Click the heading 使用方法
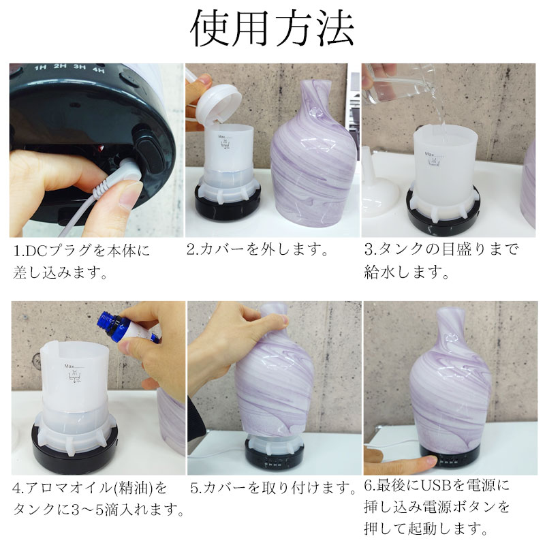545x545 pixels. tap(272, 28)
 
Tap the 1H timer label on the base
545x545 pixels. tap(40, 67)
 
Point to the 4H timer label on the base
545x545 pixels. tap(98, 70)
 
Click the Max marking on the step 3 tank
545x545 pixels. tap(430, 154)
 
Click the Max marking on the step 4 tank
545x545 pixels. tap(69, 366)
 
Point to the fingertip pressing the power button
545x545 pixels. tap(429, 463)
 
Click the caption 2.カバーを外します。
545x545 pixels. tap(258, 249)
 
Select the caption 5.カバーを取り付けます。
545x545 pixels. tap(273, 488)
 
